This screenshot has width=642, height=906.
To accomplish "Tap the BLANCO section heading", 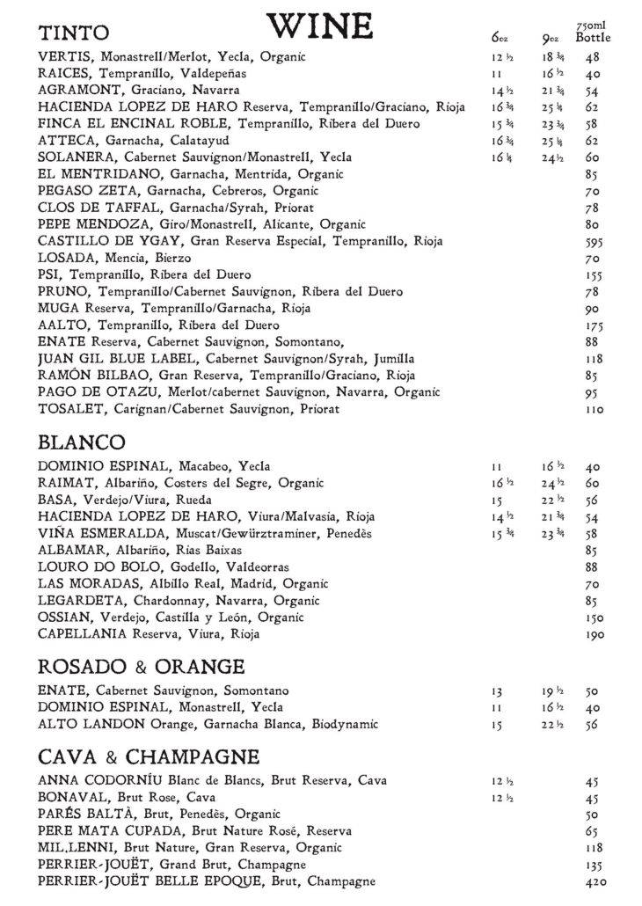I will point(82,441).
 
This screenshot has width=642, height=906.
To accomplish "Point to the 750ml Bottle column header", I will point(593,33).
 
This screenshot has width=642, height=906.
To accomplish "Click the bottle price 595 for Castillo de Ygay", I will point(592,241).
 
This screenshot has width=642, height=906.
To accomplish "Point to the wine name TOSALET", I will point(69,409).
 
